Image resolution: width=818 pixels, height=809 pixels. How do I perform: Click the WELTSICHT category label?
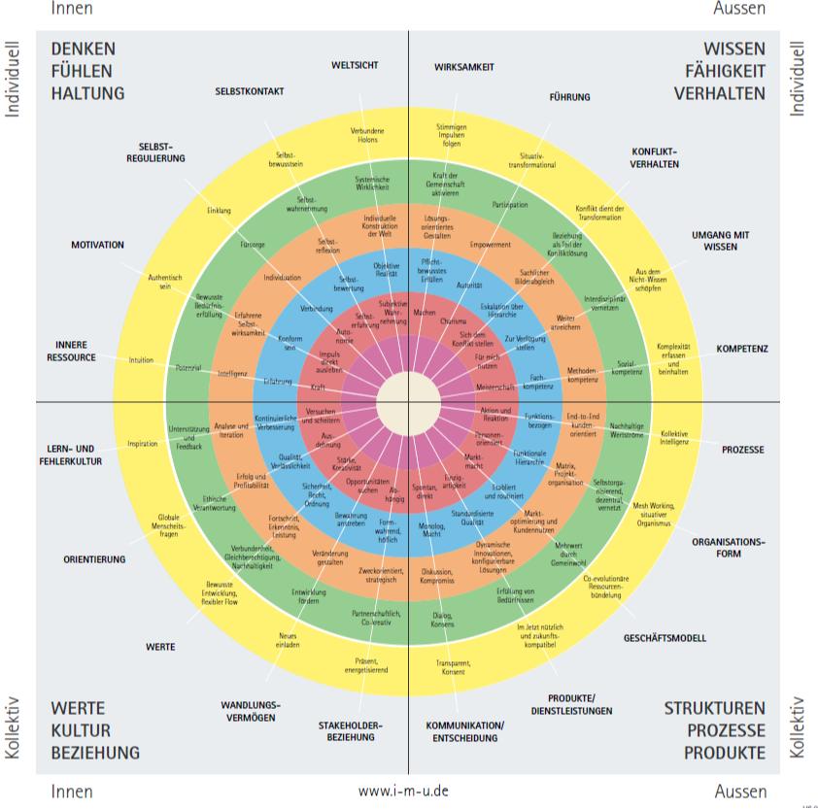[355, 65]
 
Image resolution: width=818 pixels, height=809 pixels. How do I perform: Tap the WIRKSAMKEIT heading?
[464, 66]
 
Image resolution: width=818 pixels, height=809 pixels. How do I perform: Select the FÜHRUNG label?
[569, 97]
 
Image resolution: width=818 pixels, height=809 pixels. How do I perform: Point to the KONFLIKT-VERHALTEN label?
[655, 157]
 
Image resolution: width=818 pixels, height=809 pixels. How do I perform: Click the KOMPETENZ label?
[742, 348]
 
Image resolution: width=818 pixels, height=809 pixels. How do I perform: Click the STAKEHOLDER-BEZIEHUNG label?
[351, 730]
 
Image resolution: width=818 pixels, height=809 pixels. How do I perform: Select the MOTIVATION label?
[97, 245]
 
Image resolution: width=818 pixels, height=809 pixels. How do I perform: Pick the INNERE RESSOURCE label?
[72, 351]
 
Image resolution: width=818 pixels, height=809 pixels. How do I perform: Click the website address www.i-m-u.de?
[403, 791]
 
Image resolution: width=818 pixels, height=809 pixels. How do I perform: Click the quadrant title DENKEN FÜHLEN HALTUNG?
[88, 71]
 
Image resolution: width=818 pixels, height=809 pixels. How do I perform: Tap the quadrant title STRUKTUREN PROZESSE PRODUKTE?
[715, 730]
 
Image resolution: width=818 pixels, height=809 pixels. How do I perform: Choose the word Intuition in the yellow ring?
[141, 360]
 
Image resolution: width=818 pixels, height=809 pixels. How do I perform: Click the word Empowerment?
[491, 245]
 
